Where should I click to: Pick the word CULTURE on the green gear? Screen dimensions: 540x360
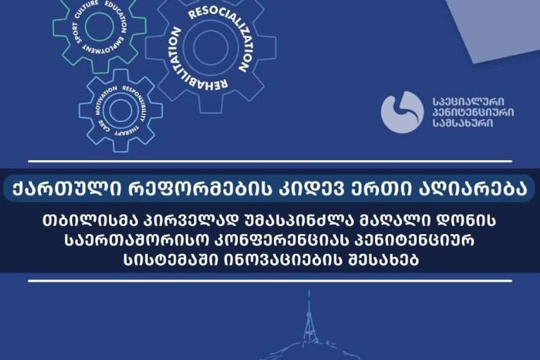pos(85,8)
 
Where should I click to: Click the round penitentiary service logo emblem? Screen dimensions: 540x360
pos(402,112)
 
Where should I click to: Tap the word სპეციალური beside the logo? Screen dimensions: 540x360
pos(469,102)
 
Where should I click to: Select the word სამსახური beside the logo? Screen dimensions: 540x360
pos(463,123)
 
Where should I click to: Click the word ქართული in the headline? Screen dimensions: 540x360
pos(66,189)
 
